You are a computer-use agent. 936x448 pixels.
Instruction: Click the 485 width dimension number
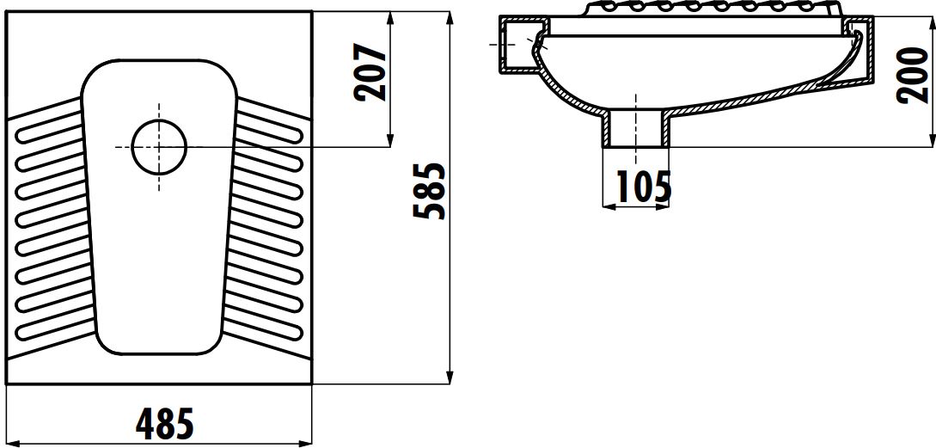click(x=165, y=423)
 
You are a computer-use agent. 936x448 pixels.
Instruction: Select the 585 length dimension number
click(x=429, y=190)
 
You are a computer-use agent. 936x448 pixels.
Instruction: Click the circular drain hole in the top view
click(x=159, y=147)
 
